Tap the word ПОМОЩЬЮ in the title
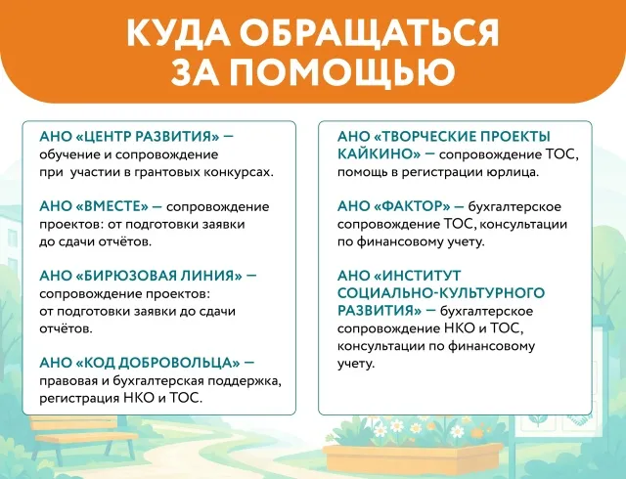[343, 72]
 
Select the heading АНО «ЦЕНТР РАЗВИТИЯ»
[129, 137]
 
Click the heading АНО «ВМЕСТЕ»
[94, 206]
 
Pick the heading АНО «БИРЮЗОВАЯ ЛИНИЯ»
[141, 276]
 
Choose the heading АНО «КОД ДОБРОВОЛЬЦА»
[140, 363]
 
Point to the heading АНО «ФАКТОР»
[394, 206]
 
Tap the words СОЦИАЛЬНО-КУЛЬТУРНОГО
[441, 292]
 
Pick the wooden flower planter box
[413, 459]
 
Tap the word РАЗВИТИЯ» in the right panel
[380, 310]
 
